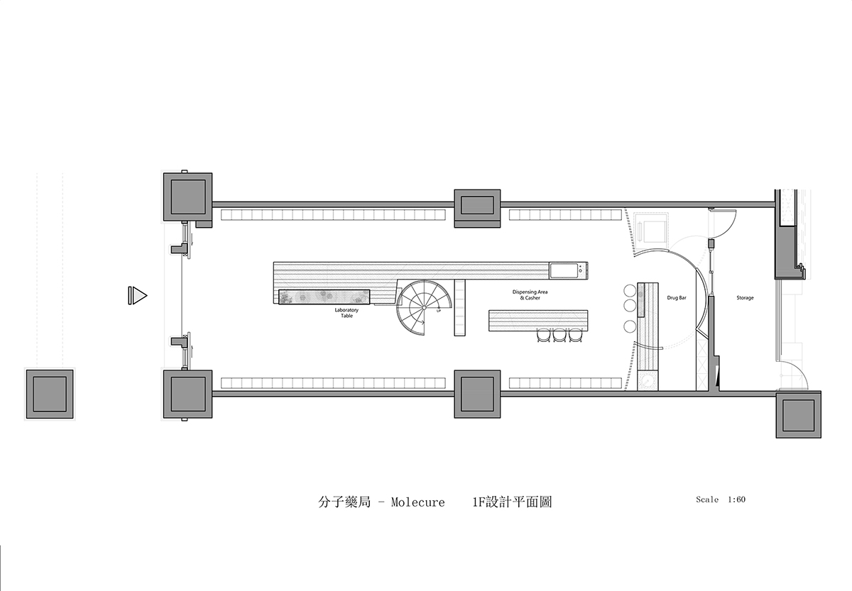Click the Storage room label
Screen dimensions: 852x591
745,298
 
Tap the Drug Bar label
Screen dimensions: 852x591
677,298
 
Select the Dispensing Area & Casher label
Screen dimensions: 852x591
530,295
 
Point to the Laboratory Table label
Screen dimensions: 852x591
346,313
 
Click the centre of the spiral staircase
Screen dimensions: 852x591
424,307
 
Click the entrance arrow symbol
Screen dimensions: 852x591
137,295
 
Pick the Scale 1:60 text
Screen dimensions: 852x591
721,499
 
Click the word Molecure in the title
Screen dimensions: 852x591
417,502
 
